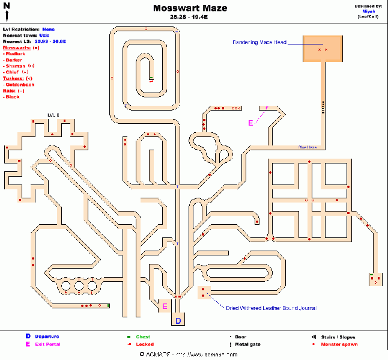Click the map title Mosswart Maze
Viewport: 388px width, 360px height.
(193, 8)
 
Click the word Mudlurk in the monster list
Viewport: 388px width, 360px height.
(16, 53)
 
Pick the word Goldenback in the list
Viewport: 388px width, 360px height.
(19, 85)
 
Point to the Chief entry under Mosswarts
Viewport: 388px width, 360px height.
(13, 72)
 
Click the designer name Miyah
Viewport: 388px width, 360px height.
(369, 11)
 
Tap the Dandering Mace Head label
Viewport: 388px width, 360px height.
(259, 42)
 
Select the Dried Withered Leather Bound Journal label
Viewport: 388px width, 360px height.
(270, 308)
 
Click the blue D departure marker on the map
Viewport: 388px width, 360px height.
(178, 321)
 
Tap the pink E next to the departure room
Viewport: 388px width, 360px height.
(165, 307)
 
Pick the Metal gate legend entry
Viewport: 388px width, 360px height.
(247, 344)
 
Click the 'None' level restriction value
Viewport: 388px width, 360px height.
(49, 28)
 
